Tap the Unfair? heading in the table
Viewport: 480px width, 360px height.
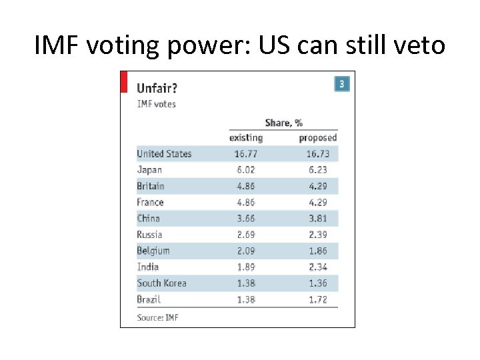coord(157,87)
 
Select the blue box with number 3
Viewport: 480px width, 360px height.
coord(341,83)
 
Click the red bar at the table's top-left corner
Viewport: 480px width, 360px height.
coord(123,81)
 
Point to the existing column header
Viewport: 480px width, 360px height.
coord(246,138)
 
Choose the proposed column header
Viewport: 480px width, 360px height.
coord(317,138)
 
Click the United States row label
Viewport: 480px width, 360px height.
coord(164,154)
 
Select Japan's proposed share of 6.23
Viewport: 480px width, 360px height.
coord(317,170)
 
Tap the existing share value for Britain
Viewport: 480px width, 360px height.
coord(246,186)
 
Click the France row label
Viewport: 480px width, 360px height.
coord(150,202)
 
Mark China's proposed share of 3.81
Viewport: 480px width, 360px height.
coord(317,218)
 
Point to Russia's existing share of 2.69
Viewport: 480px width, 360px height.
coord(246,235)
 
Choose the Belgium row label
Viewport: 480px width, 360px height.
coord(153,251)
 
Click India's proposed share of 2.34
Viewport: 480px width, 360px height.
coord(317,267)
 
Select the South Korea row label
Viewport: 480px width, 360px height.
coord(161,283)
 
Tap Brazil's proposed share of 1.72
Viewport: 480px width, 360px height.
coord(317,299)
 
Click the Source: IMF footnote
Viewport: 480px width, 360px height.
coord(157,317)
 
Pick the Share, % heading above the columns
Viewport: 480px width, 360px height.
coord(283,123)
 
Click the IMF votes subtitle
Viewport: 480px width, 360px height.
coord(156,104)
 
